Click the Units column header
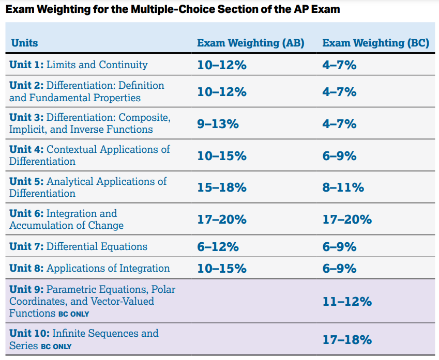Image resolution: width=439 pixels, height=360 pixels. pos(24,43)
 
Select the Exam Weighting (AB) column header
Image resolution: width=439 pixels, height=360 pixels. pos(250,43)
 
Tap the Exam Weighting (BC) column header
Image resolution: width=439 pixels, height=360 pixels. pos(375,43)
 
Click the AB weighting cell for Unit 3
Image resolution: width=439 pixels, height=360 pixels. pos(218,124)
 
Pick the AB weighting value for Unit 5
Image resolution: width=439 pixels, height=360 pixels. pos(221,187)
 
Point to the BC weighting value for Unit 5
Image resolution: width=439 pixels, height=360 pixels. pos(343,187)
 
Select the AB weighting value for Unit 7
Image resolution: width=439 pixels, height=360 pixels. pos(218,247)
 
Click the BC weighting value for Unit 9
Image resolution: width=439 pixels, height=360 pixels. pos(347,302)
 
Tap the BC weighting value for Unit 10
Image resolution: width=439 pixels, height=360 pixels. pos(347,340)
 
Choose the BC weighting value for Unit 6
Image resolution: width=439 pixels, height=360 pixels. pos(347,220)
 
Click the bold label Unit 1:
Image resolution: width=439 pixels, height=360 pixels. pos(26,65)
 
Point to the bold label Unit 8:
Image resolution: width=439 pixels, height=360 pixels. pos(26,269)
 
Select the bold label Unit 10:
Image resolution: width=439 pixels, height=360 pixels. pos(29,334)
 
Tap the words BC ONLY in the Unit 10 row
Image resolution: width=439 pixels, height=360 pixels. pos(56,346)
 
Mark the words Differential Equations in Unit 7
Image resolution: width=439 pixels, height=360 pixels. pos(97,247)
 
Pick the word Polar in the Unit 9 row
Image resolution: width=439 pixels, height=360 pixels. pos(163,289)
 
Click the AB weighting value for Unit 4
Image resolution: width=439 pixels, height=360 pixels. pos(221,156)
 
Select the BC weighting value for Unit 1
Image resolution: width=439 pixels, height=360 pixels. pos(339,65)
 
